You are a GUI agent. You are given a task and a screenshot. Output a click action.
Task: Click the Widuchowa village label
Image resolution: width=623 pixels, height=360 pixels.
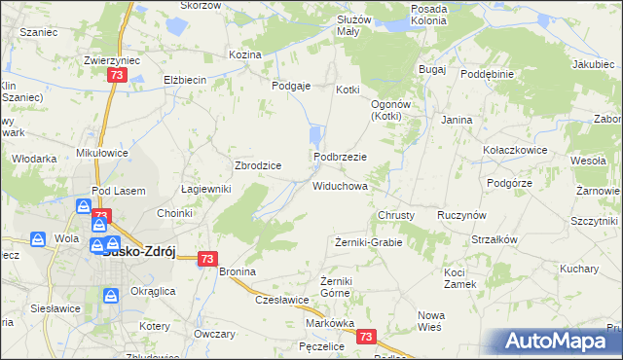pyautogui.click(x=340, y=185)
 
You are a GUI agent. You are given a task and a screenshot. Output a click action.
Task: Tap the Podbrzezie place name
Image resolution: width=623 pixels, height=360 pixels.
pyautogui.click(x=340, y=157)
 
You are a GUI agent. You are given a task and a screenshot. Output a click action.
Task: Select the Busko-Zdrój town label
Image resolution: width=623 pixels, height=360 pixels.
pyautogui.click(x=138, y=249)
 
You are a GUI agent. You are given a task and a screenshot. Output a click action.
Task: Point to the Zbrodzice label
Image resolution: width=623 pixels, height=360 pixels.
pyautogui.click(x=258, y=165)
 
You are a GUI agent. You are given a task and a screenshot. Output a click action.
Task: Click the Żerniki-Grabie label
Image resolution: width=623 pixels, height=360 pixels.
pyautogui.click(x=368, y=241)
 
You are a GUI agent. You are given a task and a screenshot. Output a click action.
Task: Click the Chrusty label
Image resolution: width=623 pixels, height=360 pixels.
pyautogui.click(x=396, y=214)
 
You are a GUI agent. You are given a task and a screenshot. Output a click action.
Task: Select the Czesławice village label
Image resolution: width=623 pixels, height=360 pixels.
pyautogui.click(x=282, y=300)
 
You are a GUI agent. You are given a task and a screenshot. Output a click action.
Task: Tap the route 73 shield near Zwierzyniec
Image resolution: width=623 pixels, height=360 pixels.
pyautogui.click(x=118, y=74)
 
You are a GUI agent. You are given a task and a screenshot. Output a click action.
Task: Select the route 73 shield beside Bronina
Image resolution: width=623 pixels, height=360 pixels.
pyautogui.click(x=207, y=259)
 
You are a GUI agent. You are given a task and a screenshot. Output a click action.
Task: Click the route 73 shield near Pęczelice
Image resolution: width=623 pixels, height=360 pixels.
pyautogui.click(x=366, y=337)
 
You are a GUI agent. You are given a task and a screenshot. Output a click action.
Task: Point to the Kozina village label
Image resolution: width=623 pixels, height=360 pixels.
pyautogui.click(x=245, y=54)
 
